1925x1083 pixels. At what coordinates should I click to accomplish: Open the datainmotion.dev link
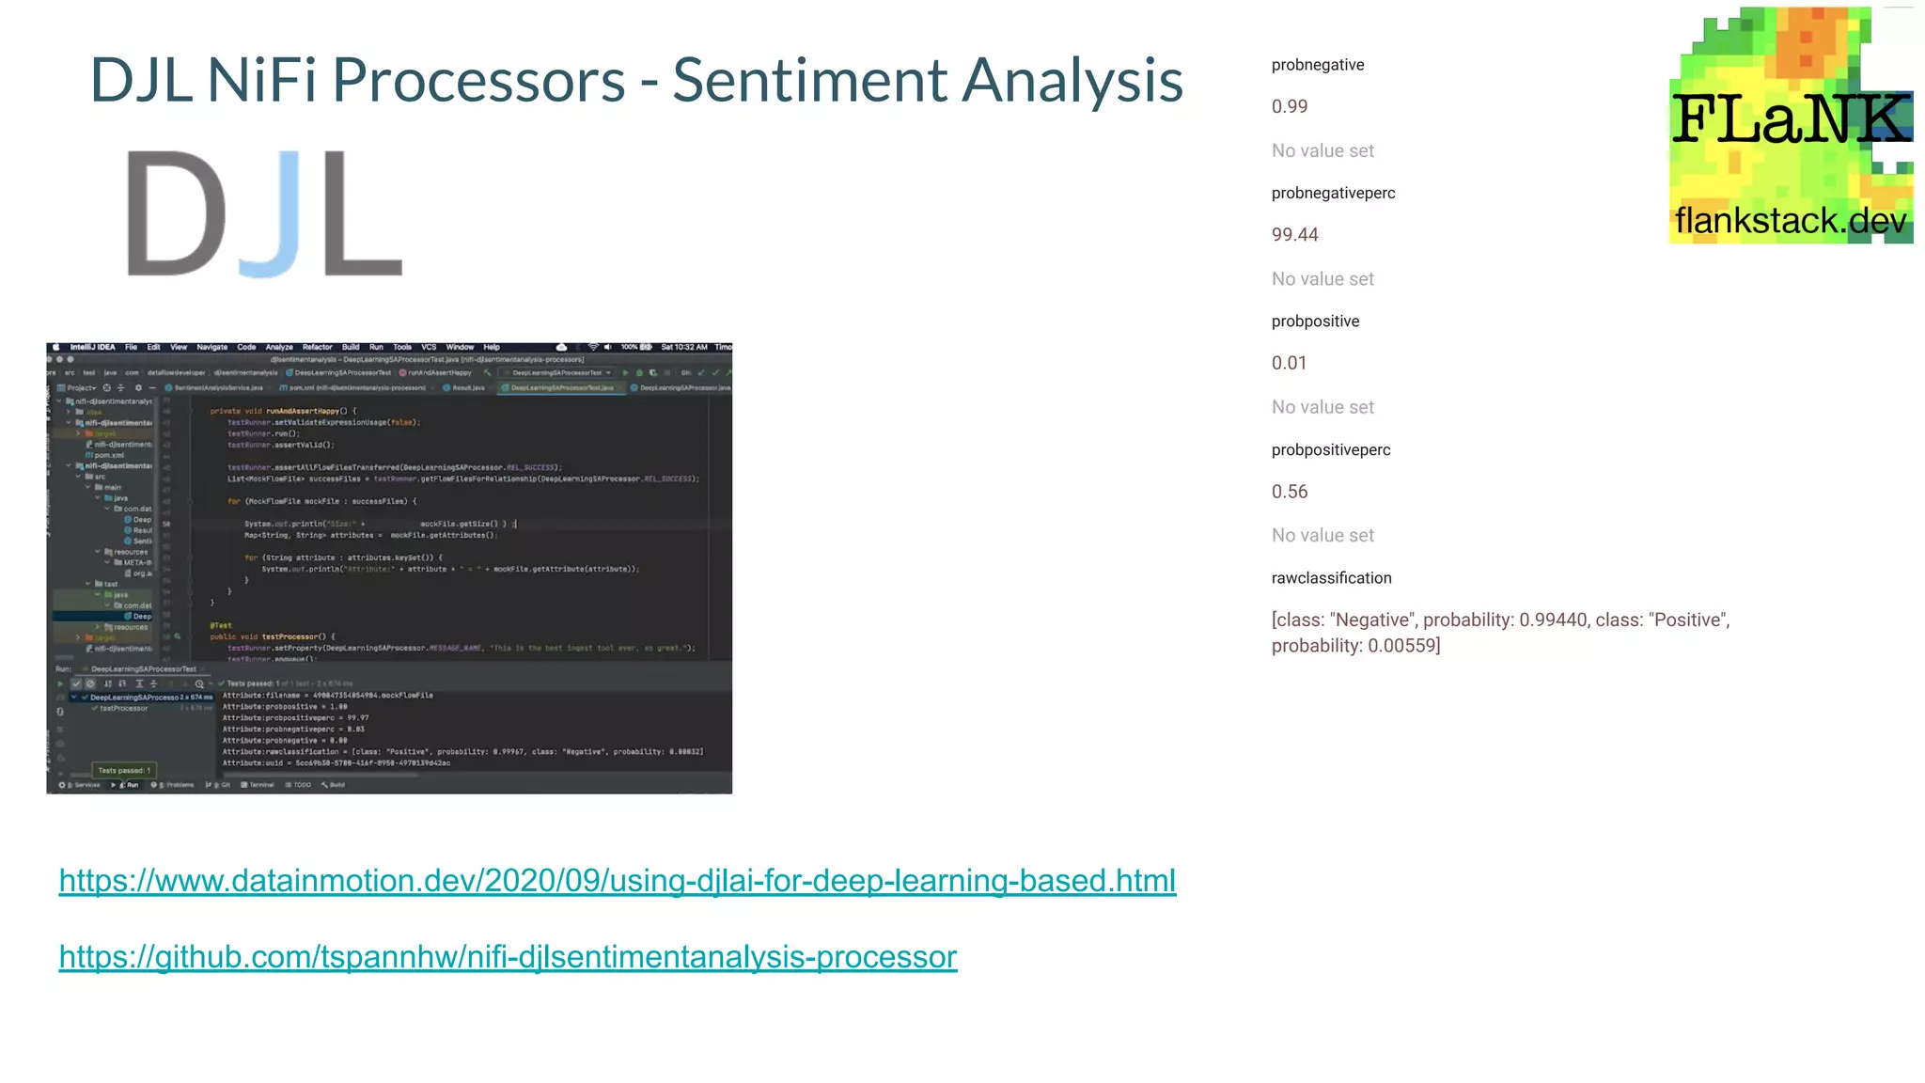pyautogui.click(x=617, y=881)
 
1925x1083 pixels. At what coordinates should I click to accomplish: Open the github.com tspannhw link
pyautogui.click(x=508, y=957)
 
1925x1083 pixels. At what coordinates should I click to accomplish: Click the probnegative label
pyautogui.click(x=1317, y=65)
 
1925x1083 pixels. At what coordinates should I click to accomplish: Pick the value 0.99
pyautogui.click(x=1289, y=106)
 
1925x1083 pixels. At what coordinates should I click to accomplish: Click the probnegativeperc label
pyautogui.click(x=1333, y=193)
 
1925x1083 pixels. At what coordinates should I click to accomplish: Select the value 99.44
pyautogui.click(x=1294, y=235)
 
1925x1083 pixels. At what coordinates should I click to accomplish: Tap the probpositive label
pyautogui.click(x=1315, y=322)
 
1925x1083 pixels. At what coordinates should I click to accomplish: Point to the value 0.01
pyautogui.click(x=1289, y=363)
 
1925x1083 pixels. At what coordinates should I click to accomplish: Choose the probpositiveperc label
pyautogui.click(x=1330, y=450)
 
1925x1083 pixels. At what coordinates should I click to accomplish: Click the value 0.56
pyautogui.click(x=1289, y=492)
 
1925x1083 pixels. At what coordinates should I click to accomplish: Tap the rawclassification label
pyautogui.click(x=1331, y=578)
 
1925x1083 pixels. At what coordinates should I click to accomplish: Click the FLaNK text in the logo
pyautogui.click(x=1791, y=119)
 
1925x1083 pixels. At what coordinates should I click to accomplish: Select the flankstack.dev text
pyautogui.click(x=1790, y=221)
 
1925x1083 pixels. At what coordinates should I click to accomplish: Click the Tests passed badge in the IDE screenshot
pyautogui.click(x=124, y=770)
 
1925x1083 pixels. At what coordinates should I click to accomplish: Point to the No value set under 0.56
pyautogui.click(x=1322, y=536)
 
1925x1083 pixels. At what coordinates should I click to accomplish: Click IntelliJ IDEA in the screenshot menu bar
pyautogui.click(x=92, y=347)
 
